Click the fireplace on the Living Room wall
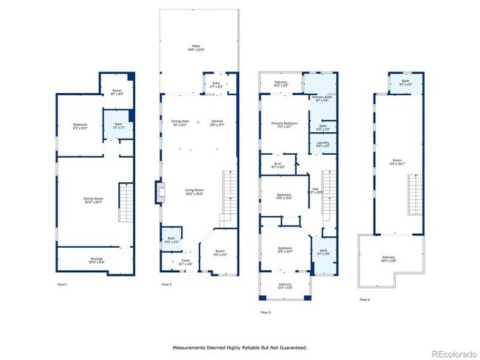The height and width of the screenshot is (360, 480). click(156, 193)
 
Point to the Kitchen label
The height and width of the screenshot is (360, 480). click(217, 121)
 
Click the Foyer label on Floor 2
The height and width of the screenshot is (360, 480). click(176, 261)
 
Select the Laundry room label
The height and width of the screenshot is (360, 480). click(323, 143)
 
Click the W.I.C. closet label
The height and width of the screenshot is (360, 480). click(278, 165)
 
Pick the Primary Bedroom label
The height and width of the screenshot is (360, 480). click(284, 124)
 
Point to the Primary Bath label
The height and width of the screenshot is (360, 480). click(323, 97)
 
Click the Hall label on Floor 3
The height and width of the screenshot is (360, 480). click(314, 190)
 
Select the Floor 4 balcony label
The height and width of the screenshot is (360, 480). click(388, 258)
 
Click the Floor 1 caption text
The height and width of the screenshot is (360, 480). click(62, 284)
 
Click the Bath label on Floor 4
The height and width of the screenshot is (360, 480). click(405, 82)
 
